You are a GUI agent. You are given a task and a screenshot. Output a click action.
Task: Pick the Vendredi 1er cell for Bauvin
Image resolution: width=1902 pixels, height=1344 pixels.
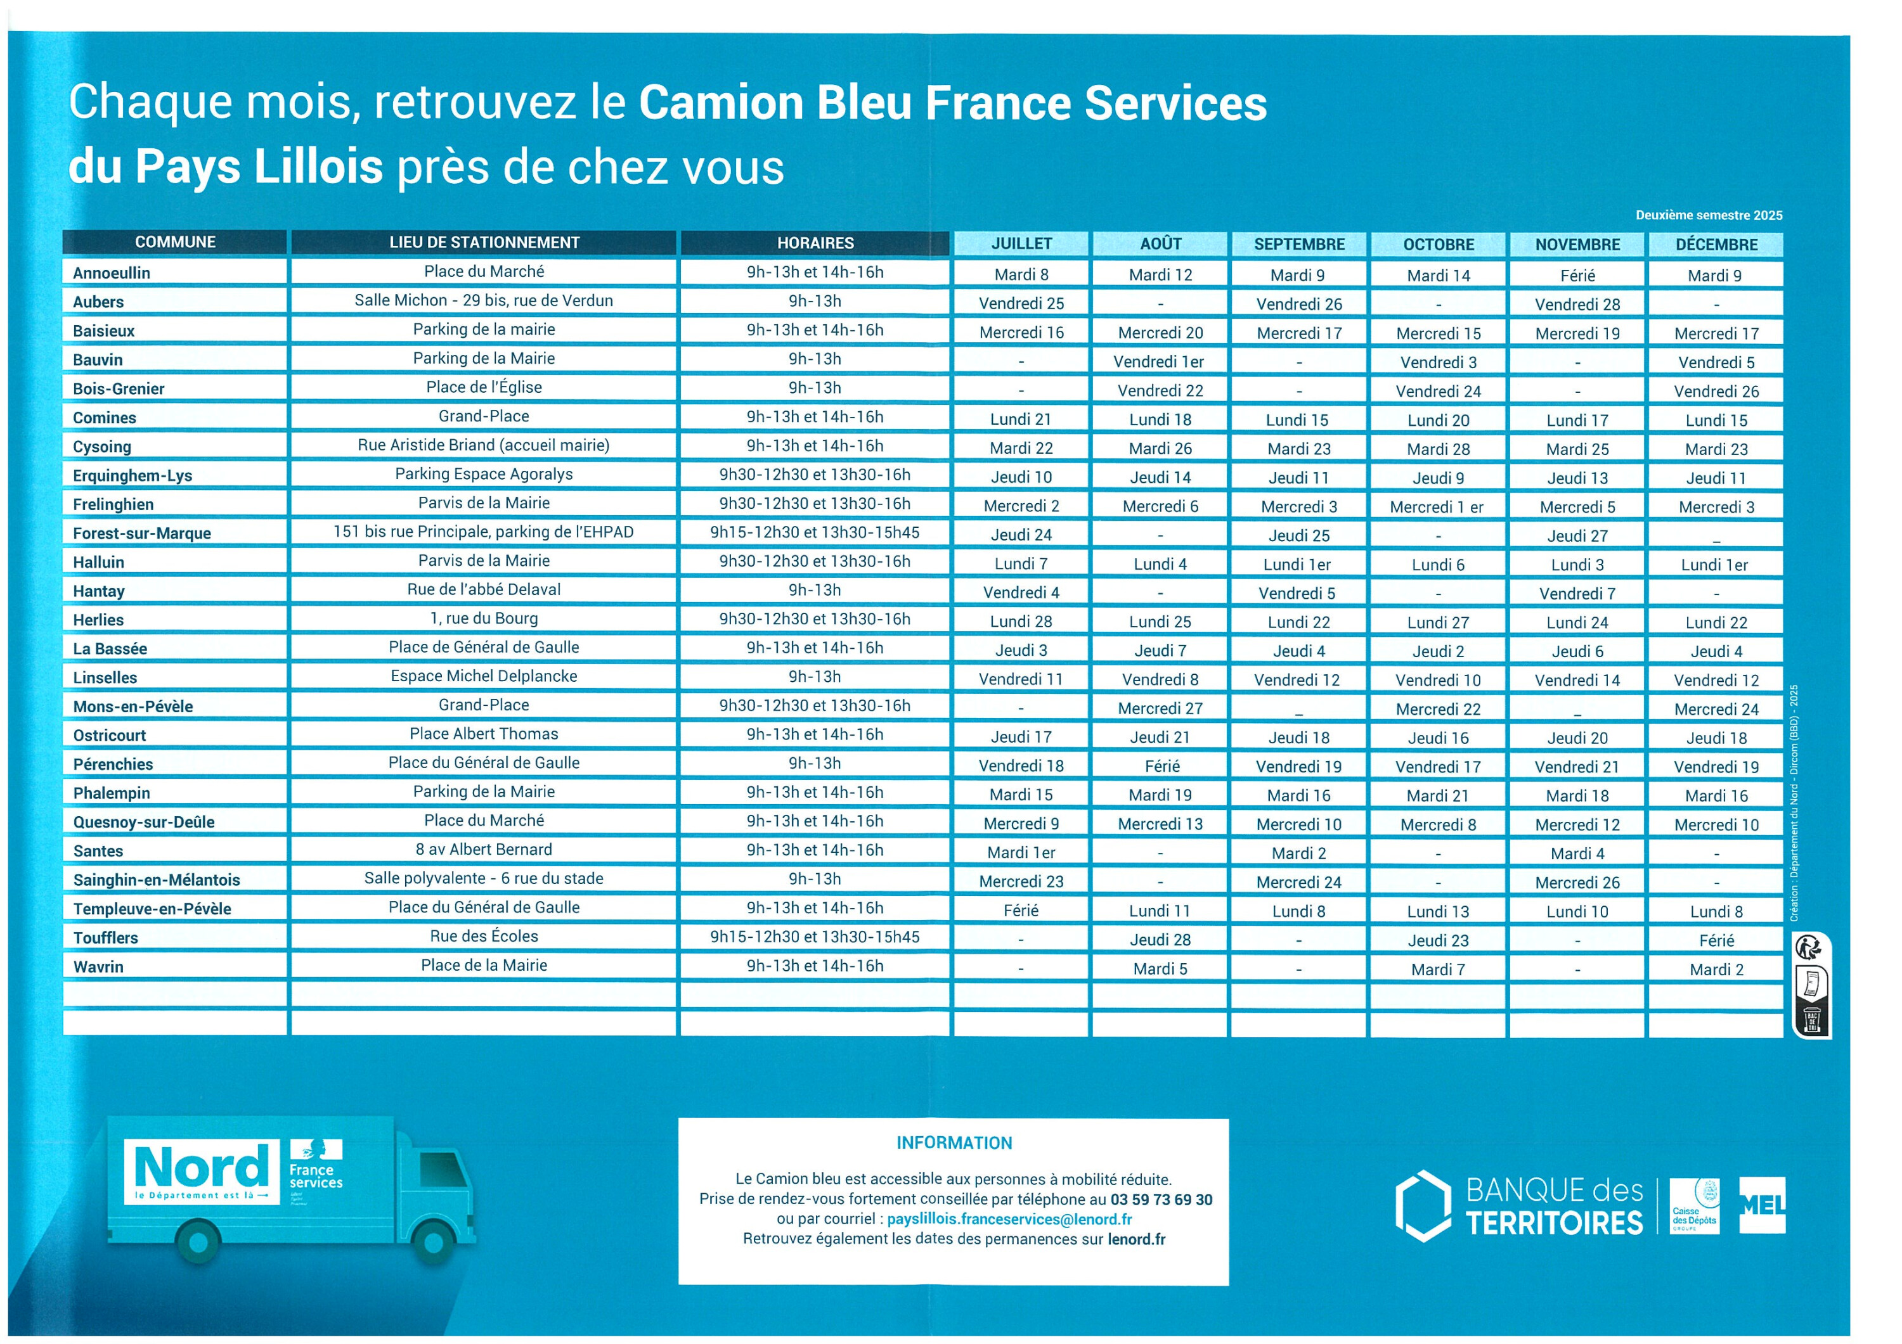[x=1158, y=362]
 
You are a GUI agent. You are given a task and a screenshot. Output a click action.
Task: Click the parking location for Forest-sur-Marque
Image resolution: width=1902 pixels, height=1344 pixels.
[x=483, y=532]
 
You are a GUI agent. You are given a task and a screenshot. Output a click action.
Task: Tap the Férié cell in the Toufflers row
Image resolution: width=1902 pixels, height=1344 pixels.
[x=1716, y=940]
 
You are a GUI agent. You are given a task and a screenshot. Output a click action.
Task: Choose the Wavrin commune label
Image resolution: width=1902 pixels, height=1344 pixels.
[x=98, y=966]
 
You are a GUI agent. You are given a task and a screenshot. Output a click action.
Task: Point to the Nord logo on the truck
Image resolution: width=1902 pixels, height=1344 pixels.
[x=202, y=1170]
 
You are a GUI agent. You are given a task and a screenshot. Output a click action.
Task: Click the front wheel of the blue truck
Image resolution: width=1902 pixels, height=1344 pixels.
[x=433, y=1242]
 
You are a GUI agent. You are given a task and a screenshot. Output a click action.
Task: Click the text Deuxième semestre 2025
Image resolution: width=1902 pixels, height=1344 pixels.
[x=1708, y=215]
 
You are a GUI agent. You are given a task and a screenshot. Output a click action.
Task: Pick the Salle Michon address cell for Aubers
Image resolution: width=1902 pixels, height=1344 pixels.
[x=483, y=300]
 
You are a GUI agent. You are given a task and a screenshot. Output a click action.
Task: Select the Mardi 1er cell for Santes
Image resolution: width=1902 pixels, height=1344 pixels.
[x=1021, y=852]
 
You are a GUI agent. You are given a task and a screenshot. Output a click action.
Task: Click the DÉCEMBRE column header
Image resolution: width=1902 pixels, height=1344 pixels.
[x=1716, y=245]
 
